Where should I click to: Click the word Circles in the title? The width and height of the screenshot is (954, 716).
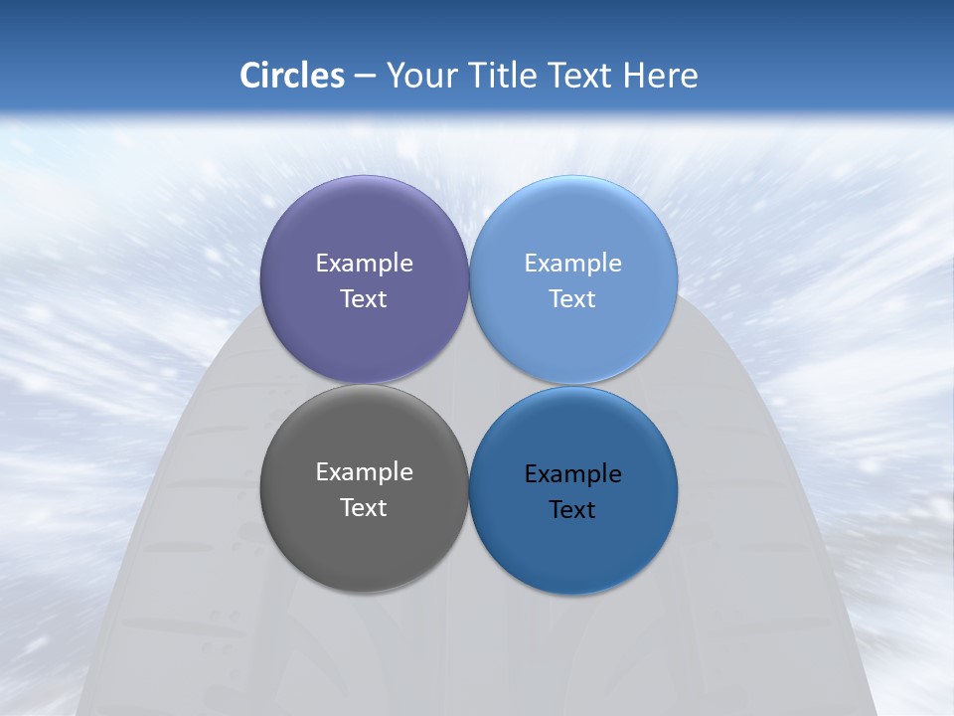pos(292,76)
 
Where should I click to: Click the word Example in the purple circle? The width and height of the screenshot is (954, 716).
pos(364,264)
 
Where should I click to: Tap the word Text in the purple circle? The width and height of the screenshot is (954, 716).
pos(364,299)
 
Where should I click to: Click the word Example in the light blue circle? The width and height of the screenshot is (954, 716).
pos(573,264)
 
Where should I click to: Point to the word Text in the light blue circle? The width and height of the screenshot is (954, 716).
pos(573,299)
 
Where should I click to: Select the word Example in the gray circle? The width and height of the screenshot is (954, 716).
pos(364,472)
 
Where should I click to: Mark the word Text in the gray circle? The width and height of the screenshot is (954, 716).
pos(364,508)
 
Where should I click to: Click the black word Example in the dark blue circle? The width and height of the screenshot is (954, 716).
pos(573,474)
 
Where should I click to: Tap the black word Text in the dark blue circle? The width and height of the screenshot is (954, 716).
pos(573,510)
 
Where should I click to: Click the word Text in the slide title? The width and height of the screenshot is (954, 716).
pos(580,76)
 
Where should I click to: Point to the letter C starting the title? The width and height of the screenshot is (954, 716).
pos(249,76)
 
